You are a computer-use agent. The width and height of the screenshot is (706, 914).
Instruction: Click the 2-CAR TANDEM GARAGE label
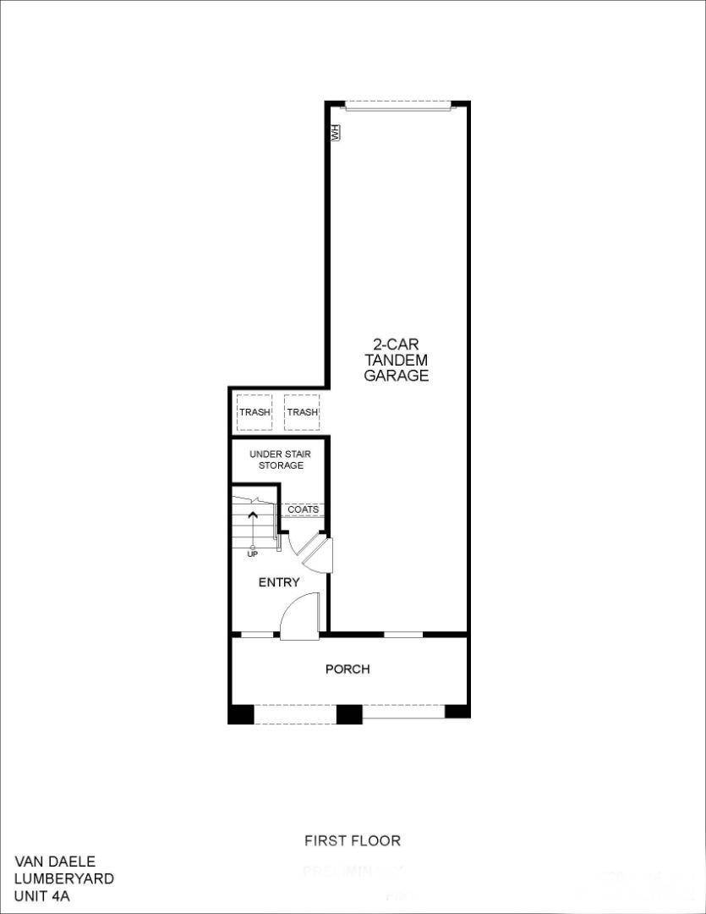[x=397, y=361]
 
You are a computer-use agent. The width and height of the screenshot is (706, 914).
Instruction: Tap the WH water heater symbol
[x=335, y=133]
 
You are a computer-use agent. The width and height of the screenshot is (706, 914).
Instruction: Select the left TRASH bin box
[x=254, y=412]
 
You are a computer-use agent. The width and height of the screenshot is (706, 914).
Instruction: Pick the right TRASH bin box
[x=302, y=412]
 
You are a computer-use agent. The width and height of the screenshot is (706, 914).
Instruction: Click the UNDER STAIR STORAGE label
[x=280, y=460]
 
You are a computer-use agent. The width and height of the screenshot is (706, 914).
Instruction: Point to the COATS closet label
[x=303, y=509]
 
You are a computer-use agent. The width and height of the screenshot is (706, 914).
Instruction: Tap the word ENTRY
[x=279, y=582]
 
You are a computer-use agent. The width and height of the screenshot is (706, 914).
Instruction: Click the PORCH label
[x=348, y=669]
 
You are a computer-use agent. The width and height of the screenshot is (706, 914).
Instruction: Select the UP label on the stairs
[x=253, y=553]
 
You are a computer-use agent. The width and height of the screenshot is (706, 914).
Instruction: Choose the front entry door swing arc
[x=299, y=615]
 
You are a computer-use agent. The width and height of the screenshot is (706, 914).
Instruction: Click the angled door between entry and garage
[x=320, y=553]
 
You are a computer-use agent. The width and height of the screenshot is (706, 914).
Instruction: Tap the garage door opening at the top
[x=397, y=106]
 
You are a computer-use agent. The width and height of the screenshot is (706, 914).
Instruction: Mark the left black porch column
[x=241, y=713]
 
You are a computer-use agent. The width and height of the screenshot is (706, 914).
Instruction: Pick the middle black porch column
[x=349, y=713]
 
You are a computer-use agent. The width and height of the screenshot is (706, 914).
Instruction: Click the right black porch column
[x=457, y=711]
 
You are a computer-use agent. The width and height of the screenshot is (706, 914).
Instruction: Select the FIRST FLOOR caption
[x=353, y=840]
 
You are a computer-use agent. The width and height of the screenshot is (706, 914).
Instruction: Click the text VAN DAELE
[x=55, y=862]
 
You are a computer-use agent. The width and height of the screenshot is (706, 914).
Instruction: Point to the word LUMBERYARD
[x=64, y=878]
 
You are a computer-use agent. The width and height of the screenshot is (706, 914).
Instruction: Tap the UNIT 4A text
[x=42, y=895]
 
